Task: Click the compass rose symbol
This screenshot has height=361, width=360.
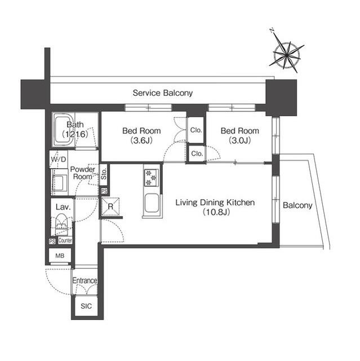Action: coord(288,54)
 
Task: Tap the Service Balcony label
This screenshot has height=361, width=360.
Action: coord(163,93)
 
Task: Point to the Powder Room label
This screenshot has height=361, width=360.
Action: coord(82,173)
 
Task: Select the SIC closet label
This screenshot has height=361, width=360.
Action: coord(86,306)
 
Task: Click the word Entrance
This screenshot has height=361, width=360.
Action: coord(85,280)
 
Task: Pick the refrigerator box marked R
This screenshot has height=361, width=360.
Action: coord(110,206)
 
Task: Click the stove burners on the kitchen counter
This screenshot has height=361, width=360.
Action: coord(150,177)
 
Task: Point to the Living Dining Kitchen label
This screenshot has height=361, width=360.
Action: coord(215,202)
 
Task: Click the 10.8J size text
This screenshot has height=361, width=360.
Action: coord(215,213)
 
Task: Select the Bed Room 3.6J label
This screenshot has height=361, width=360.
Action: coord(141,135)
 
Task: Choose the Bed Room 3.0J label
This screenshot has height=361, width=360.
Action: coord(239,135)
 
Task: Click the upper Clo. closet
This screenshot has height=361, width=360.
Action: coord(196,130)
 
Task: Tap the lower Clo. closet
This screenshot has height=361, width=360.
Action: coord(196,153)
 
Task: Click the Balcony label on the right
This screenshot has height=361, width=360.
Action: coord(297,205)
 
